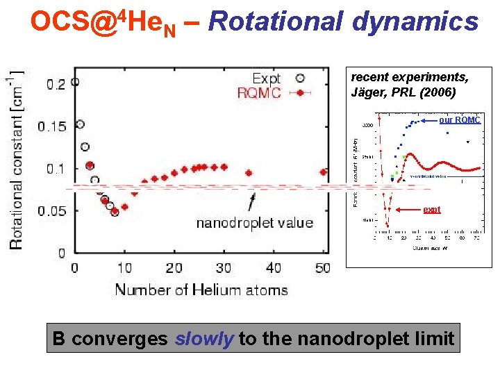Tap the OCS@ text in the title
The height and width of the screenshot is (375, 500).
click(67, 22)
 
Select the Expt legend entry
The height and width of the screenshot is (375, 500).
click(266, 78)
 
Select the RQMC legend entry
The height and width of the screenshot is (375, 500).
click(259, 92)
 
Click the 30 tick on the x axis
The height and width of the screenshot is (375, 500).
click(224, 268)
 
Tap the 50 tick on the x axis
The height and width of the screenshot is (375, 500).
click(323, 268)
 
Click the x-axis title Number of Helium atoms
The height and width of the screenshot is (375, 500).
click(201, 290)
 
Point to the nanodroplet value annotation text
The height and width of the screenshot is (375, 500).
click(255, 223)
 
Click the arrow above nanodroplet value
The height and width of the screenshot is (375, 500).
click(251, 202)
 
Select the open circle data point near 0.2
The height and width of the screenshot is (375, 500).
click(75, 81)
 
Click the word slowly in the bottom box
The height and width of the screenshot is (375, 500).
click(204, 339)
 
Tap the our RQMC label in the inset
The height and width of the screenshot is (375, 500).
click(459, 120)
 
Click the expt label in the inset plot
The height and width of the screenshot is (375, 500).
click(431, 209)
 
